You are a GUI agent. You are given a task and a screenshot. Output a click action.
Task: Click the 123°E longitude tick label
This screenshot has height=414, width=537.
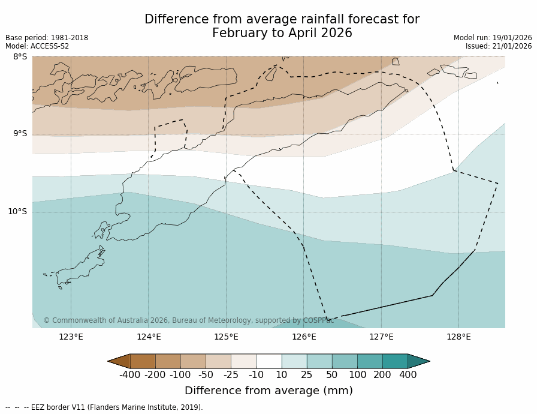[71, 337]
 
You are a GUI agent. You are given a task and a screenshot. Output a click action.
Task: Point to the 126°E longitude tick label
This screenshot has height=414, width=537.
[304, 337]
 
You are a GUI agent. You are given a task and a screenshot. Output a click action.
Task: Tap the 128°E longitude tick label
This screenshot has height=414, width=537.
[458, 337]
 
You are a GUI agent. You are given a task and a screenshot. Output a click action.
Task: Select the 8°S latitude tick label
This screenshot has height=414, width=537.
[20, 57]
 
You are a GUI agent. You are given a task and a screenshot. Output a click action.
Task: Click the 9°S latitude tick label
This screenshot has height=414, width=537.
[20, 134]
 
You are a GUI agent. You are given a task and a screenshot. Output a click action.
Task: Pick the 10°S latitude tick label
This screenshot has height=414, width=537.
[17, 211]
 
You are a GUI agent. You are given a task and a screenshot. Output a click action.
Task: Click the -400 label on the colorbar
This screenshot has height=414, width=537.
[130, 375]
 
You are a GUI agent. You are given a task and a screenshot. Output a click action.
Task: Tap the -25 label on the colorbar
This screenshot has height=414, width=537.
[231, 375]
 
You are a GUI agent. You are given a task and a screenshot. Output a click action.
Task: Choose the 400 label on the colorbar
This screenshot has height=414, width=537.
[408, 375]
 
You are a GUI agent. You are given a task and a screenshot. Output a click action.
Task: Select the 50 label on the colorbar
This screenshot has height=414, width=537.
[332, 375]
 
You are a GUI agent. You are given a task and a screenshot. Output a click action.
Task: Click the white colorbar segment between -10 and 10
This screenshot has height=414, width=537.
[268, 361]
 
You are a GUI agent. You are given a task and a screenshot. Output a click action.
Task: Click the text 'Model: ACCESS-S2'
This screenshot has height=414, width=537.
[37, 46]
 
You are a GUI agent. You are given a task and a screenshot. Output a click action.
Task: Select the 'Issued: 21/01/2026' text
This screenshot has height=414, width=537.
[499, 46]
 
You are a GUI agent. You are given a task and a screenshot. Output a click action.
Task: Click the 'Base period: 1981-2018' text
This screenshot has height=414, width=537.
[47, 38]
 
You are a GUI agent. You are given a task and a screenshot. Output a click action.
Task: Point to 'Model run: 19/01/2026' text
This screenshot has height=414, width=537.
[493, 38]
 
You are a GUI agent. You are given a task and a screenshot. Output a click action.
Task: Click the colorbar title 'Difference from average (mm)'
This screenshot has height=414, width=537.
[268, 391]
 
